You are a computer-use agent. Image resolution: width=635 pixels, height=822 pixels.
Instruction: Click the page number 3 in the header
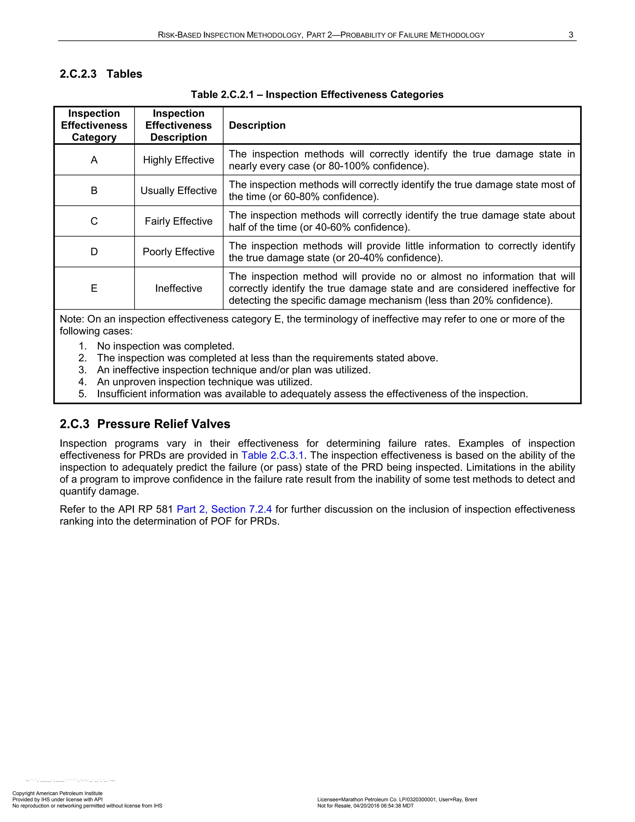point(571,35)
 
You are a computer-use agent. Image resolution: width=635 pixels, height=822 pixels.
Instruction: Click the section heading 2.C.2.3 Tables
point(101,74)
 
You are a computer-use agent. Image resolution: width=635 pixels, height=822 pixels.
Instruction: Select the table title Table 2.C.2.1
point(317,95)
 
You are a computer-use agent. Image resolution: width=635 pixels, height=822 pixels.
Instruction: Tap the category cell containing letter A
point(94,160)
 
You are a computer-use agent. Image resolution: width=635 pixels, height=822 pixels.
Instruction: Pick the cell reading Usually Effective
point(178,190)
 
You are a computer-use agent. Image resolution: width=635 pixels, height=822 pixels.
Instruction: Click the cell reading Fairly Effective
point(178,221)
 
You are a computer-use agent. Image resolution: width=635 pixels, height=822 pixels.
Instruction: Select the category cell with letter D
point(94,252)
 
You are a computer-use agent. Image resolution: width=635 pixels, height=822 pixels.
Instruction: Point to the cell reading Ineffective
point(178,288)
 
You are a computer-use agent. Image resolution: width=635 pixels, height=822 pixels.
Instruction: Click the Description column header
point(257,125)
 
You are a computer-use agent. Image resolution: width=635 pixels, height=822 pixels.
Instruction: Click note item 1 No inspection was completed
point(166,346)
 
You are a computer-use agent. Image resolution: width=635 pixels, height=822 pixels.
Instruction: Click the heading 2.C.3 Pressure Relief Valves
point(145,424)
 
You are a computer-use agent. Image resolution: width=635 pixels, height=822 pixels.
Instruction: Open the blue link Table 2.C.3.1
point(272,455)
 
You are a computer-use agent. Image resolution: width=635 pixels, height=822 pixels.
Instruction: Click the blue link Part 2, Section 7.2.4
point(224,509)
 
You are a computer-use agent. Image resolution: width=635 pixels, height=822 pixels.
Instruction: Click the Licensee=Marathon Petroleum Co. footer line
point(397,799)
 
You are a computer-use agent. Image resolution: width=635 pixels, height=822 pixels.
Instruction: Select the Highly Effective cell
point(178,160)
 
